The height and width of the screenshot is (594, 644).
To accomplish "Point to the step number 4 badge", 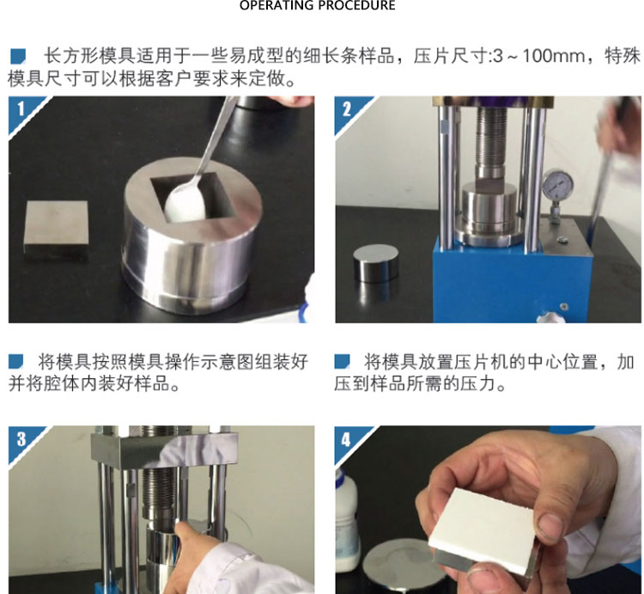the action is click(346, 439).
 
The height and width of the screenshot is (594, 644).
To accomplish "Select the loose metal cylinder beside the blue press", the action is click(375, 264).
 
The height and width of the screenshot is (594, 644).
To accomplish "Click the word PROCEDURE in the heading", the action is click(357, 5).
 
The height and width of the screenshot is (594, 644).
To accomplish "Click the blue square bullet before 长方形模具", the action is click(18, 57).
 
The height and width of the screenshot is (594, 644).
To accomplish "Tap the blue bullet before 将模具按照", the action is click(16, 361).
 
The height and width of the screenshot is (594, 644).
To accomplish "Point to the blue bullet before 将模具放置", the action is click(342, 361).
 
